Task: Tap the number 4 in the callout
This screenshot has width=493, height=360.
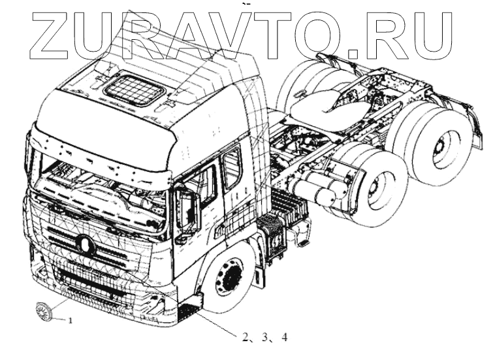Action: [283, 337]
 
